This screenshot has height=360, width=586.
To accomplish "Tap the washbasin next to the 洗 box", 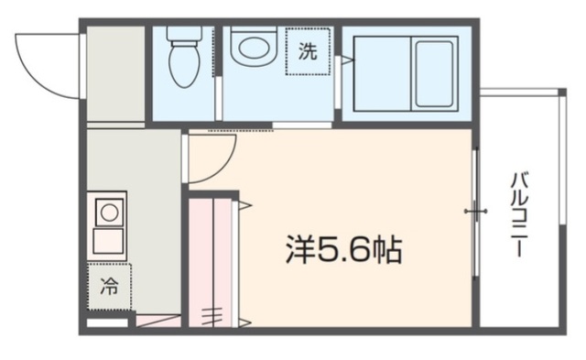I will click(x=253, y=46).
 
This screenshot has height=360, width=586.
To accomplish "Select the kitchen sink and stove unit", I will click(x=108, y=225).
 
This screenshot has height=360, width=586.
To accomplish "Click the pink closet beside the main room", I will click(x=212, y=261).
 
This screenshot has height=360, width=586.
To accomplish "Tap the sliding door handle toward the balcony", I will click(x=474, y=213).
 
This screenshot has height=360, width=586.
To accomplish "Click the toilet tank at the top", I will click(x=184, y=35).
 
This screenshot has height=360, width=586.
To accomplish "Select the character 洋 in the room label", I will click(x=298, y=248).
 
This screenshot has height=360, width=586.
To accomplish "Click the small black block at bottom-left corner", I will click(x=105, y=323).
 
